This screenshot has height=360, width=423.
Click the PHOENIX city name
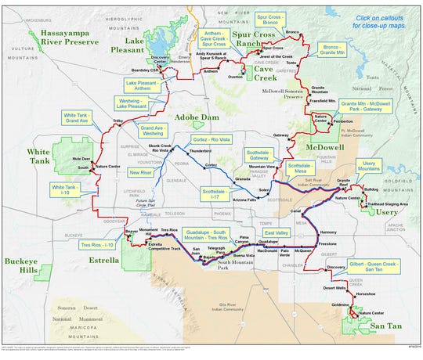click(x=224, y=213)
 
